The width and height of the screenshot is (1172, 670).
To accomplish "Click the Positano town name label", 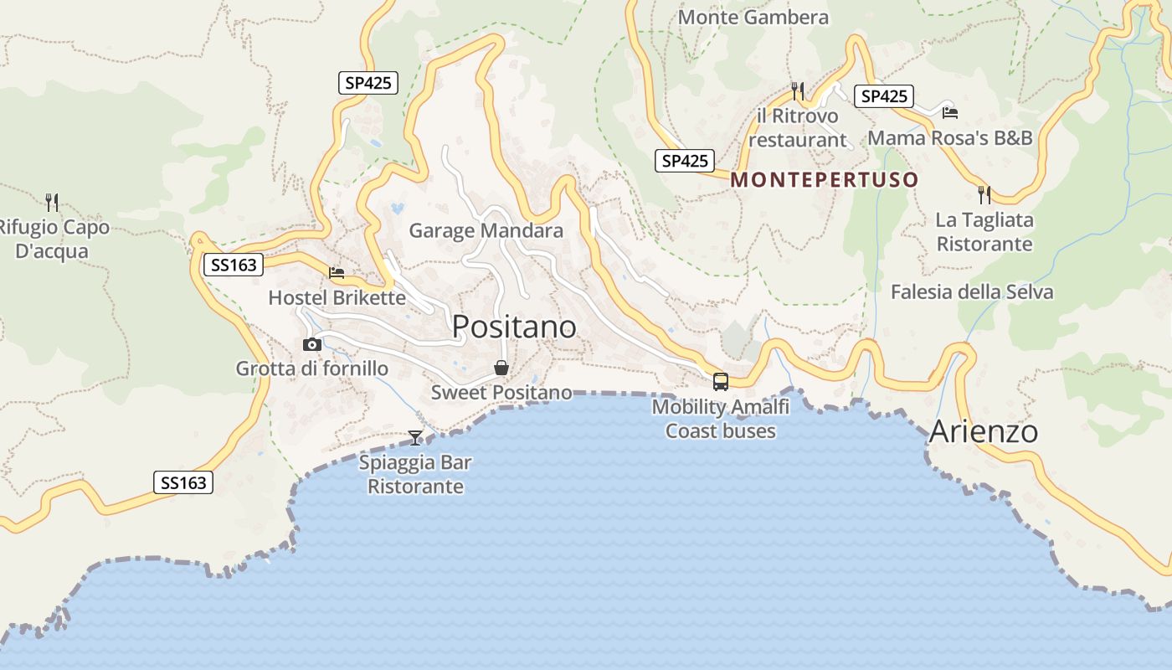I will click(514, 327).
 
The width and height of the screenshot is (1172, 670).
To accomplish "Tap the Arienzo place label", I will click(983, 432).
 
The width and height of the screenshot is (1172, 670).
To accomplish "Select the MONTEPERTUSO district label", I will click(825, 180).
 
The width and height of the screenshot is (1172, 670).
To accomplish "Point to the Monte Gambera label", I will click(753, 17).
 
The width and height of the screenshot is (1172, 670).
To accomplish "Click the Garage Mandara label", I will click(486, 230).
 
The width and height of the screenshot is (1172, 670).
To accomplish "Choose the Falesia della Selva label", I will click(972, 291).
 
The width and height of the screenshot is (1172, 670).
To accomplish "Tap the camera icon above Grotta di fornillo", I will click(312, 344).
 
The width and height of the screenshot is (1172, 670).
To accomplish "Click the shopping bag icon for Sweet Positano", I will click(501, 367).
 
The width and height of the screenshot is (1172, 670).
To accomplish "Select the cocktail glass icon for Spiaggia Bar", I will click(415, 437).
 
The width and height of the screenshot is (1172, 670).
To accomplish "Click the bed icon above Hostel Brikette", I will click(337, 273).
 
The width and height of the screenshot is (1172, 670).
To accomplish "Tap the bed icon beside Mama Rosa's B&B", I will click(949, 112).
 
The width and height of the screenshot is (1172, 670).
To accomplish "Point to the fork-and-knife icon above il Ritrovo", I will click(797, 90).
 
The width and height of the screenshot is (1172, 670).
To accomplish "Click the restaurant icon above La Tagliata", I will click(984, 195).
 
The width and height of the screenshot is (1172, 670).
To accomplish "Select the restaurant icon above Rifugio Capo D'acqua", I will click(52, 202).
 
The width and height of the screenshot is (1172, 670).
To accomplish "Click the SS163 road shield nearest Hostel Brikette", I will click(234, 265).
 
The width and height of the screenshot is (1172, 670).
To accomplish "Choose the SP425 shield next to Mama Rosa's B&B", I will click(884, 96).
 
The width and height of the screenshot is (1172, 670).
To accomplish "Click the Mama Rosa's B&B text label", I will click(950, 138).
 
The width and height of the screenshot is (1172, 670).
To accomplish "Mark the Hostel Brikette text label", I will click(337, 297).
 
